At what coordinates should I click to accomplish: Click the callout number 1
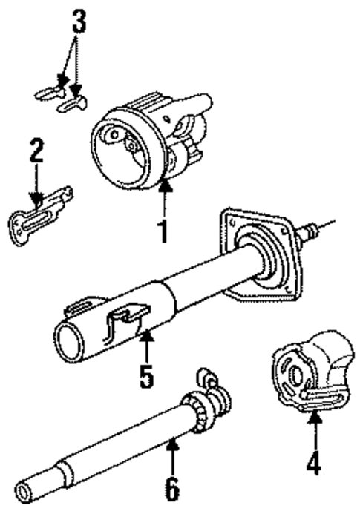click(x=164, y=231)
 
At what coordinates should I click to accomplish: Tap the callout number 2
click(x=36, y=151)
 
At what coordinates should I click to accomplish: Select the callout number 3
click(x=79, y=22)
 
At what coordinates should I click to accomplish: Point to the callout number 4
click(x=314, y=463)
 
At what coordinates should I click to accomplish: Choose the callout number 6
click(x=172, y=489)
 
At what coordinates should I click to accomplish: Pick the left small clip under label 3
click(x=48, y=93)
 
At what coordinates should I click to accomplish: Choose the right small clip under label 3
click(x=73, y=103)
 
